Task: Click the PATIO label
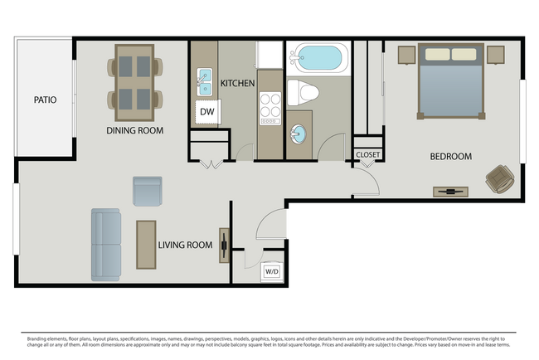45,100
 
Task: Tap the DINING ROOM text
134,130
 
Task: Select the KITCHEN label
237,83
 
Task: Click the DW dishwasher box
206,111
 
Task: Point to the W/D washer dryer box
272,271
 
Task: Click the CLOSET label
367,154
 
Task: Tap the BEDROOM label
450,156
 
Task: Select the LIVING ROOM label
185,245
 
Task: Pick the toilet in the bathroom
300,93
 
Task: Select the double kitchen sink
203,83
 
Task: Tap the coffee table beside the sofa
146,244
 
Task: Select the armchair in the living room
148,191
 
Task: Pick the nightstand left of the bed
406,55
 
